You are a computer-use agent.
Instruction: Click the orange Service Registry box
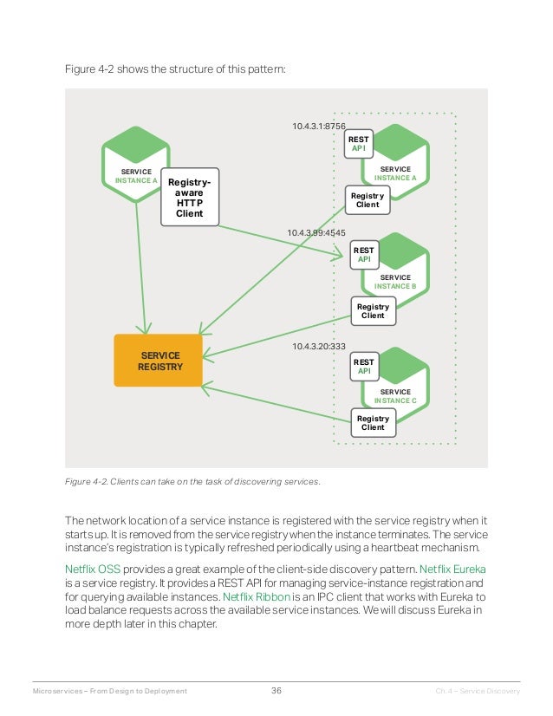coord(159,361)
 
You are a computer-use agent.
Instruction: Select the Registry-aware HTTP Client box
coord(190,198)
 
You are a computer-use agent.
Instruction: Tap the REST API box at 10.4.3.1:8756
coord(358,144)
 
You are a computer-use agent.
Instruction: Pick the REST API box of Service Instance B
coord(364,254)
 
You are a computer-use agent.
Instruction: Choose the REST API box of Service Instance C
coord(364,367)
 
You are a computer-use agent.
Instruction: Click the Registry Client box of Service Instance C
coord(373,423)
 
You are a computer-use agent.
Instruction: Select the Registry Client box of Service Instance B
coord(373,310)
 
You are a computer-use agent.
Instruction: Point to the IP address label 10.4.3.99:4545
coord(316,233)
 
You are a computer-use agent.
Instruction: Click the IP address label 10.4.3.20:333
coord(319,347)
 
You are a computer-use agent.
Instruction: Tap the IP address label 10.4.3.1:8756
coord(319,126)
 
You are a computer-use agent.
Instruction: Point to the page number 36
coord(276,691)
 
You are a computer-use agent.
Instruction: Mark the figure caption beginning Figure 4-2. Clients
coord(192,482)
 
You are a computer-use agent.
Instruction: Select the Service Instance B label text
coord(395,282)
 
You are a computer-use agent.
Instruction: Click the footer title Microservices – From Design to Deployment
coord(109,691)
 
